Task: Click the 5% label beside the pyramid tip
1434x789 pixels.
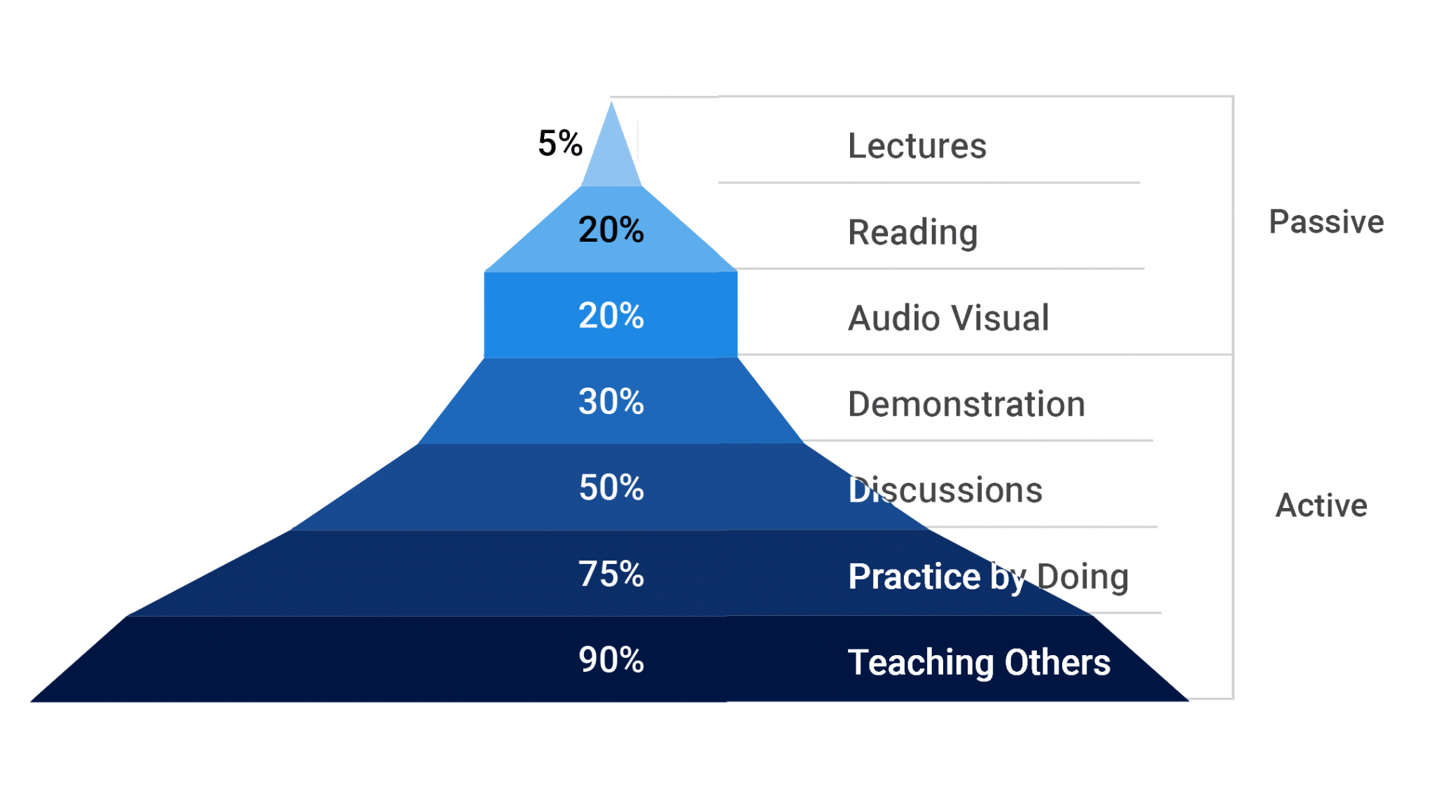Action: pyautogui.click(x=560, y=143)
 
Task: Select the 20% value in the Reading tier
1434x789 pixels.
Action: pyautogui.click(x=611, y=229)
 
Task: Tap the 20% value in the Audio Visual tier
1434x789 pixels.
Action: pyautogui.click(x=611, y=315)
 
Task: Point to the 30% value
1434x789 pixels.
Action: pyautogui.click(x=611, y=402)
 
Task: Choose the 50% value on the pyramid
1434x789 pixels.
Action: pyautogui.click(x=611, y=487)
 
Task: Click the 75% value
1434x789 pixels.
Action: pyautogui.click(x=611, y=574)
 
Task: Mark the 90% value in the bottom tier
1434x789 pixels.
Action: pyautogui.click(x=611, y=659)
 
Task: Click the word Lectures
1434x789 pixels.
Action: pyautogui.click(x=917, y=146)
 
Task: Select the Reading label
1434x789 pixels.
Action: pyautogui.click(x=913, y=233)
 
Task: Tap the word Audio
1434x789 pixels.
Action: pyautogui.click(x=892, y=318)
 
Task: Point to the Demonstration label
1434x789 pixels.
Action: pyautogui.click(x=967, y=404)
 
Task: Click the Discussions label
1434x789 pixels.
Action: pyautogui.click(x=945, y=490)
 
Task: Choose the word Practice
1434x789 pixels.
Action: pyautogui.click(x=914, y=576)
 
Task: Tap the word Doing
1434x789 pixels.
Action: pyautogui.click(x=1083, y=577)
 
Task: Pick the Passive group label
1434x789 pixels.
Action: pyautogui.click(x=1327, y=221)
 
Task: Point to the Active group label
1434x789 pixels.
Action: pyautogui.click(x=1321, y=505)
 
